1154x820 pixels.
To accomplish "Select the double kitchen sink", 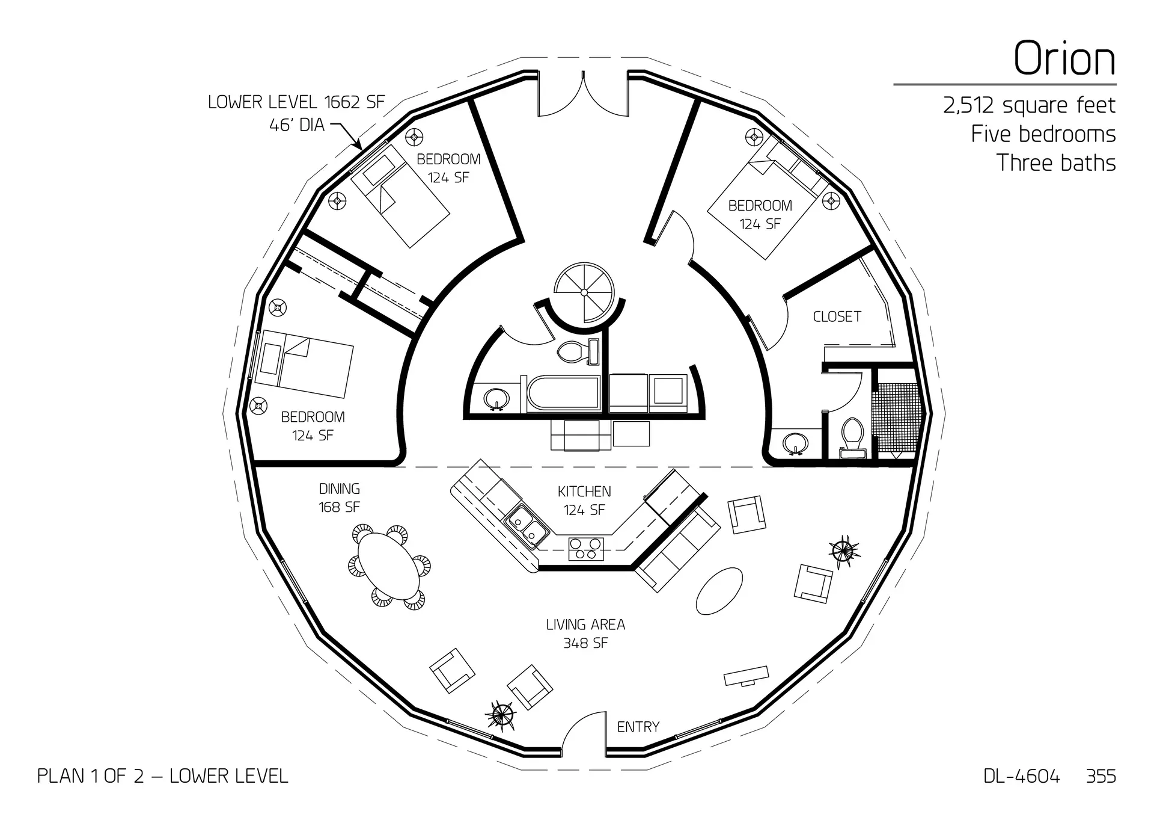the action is (528, 526).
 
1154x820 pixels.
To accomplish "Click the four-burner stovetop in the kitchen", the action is (585, 549).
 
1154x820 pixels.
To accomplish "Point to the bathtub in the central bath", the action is (564, 395).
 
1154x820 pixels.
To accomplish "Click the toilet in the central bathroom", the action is (572, 352).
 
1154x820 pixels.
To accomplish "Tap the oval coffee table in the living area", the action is (719, 591).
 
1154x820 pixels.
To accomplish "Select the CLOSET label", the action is (837, 316).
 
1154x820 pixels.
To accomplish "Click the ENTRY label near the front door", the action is (638, 727).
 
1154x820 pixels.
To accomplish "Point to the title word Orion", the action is (1064, 58).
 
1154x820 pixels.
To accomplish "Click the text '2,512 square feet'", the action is (1029, 105).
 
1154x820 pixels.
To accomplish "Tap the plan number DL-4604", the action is (1022, 776).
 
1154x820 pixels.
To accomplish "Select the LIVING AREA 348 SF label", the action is (585, 633).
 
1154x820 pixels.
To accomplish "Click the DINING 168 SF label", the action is (340, 498).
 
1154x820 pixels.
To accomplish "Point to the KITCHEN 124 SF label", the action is (584, 501).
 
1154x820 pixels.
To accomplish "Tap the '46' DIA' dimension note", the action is (297, 125).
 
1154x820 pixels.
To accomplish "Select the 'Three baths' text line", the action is (1056, 163).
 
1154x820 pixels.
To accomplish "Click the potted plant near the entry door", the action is (501, 716).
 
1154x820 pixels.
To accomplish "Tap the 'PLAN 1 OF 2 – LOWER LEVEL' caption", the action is (162, 776).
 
